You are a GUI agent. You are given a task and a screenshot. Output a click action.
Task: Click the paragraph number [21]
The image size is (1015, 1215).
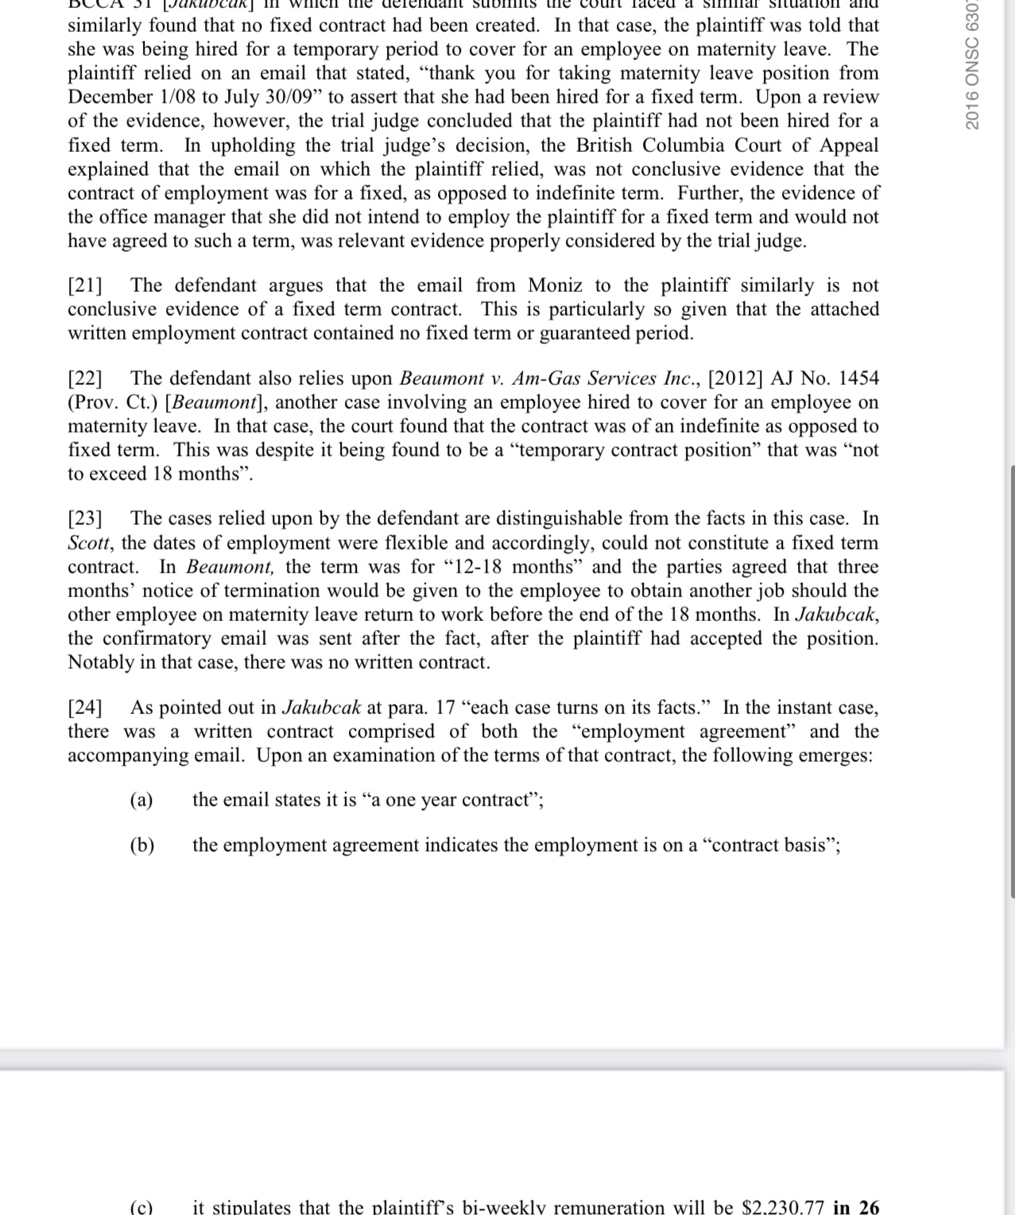pos(85,285)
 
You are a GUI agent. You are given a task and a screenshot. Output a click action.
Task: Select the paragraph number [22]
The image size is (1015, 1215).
pos(85,378)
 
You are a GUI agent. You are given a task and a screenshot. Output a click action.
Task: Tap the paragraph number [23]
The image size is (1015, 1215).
pos(85,519)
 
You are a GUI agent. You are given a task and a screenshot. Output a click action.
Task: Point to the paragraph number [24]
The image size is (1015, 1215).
pos(85,708)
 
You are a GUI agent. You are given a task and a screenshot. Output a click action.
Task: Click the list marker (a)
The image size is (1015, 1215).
pos(141,800)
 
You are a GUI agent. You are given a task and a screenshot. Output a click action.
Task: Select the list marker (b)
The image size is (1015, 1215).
pos(142,845)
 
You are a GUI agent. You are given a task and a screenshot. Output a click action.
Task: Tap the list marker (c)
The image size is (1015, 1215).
pos(141,1207)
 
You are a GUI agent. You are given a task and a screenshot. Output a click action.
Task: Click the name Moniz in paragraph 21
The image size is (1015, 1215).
pos(555,285)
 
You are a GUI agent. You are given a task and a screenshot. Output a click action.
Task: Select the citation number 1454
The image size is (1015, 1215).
pos(858,378)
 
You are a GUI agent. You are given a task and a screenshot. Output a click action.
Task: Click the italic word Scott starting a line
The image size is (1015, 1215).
pos(89,543)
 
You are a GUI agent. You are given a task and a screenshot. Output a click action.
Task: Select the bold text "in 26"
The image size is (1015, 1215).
pos(856,1207)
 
